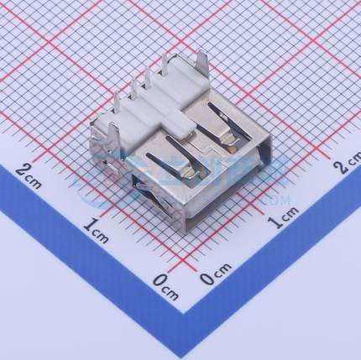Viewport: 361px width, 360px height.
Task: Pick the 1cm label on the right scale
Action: click(x=284, y=221)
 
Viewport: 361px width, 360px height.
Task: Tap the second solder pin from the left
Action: click(x=135, y=90)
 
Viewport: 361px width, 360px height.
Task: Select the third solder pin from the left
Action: click(x=152, y=81)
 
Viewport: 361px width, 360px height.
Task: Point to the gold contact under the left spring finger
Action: click(x=192, y=170)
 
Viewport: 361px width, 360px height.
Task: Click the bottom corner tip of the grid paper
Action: click(x=184, y=312)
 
